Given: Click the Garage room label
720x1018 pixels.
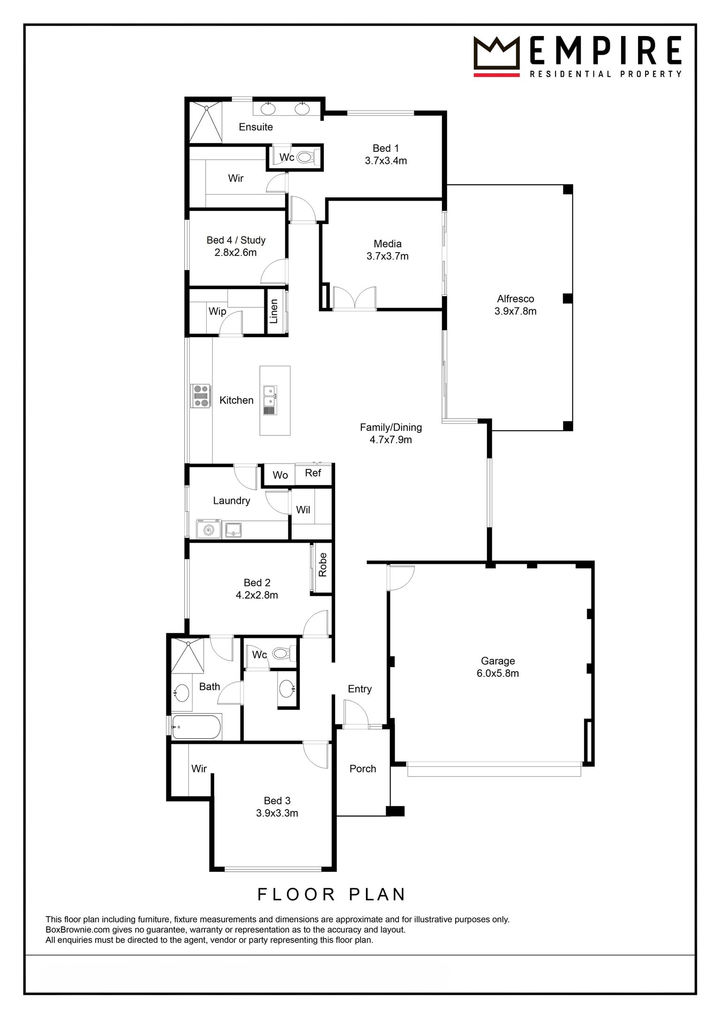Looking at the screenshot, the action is (x=498, y=661).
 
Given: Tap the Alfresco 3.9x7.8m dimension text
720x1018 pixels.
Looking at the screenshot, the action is (x=516, y=311).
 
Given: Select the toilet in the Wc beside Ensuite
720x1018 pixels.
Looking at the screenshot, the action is (x=305, y=157).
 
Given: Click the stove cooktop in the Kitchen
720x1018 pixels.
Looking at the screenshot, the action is (x=200, y=396).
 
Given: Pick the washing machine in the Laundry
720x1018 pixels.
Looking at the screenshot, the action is (x=209, y=530).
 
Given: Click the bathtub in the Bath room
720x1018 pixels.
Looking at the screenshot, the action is (x=196, y=726).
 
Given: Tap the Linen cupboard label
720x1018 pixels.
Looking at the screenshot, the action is (x=274, y=311).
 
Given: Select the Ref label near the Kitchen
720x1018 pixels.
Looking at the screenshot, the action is (x=313, y=473).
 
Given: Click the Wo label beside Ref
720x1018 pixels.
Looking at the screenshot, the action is (x=280, y=475).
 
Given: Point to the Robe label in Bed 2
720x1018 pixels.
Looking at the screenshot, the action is (x=323, y=564).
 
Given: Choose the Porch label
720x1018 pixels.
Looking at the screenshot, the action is (x=363, y=769).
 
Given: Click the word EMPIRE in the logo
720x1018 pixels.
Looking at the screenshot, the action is (x=606, y=50).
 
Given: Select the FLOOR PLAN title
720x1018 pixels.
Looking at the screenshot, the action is (x=331, y=894).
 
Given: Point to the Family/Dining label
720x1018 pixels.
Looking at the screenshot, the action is (x=391, y=427).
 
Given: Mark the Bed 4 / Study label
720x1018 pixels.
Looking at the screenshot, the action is (x=236, y=240).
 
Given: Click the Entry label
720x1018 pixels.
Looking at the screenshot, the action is (x=360, y=689).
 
